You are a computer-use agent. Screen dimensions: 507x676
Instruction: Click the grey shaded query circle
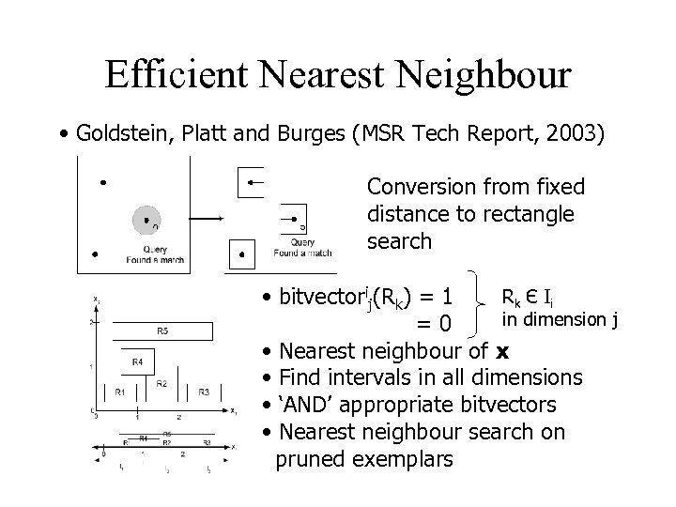146,221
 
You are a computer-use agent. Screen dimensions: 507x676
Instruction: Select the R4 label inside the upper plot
137,361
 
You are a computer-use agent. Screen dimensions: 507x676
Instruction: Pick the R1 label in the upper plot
120,392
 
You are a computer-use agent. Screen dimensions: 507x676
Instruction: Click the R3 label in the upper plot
204,392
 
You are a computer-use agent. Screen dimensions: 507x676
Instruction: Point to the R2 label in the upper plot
161,383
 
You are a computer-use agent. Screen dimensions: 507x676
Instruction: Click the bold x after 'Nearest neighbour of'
502,352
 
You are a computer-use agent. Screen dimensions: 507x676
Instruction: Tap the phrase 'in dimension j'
560,319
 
